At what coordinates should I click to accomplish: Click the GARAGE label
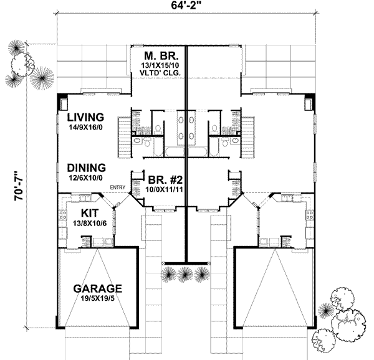(x=97, y=290)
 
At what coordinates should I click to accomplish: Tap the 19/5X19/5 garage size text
(x=98, y=300)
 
